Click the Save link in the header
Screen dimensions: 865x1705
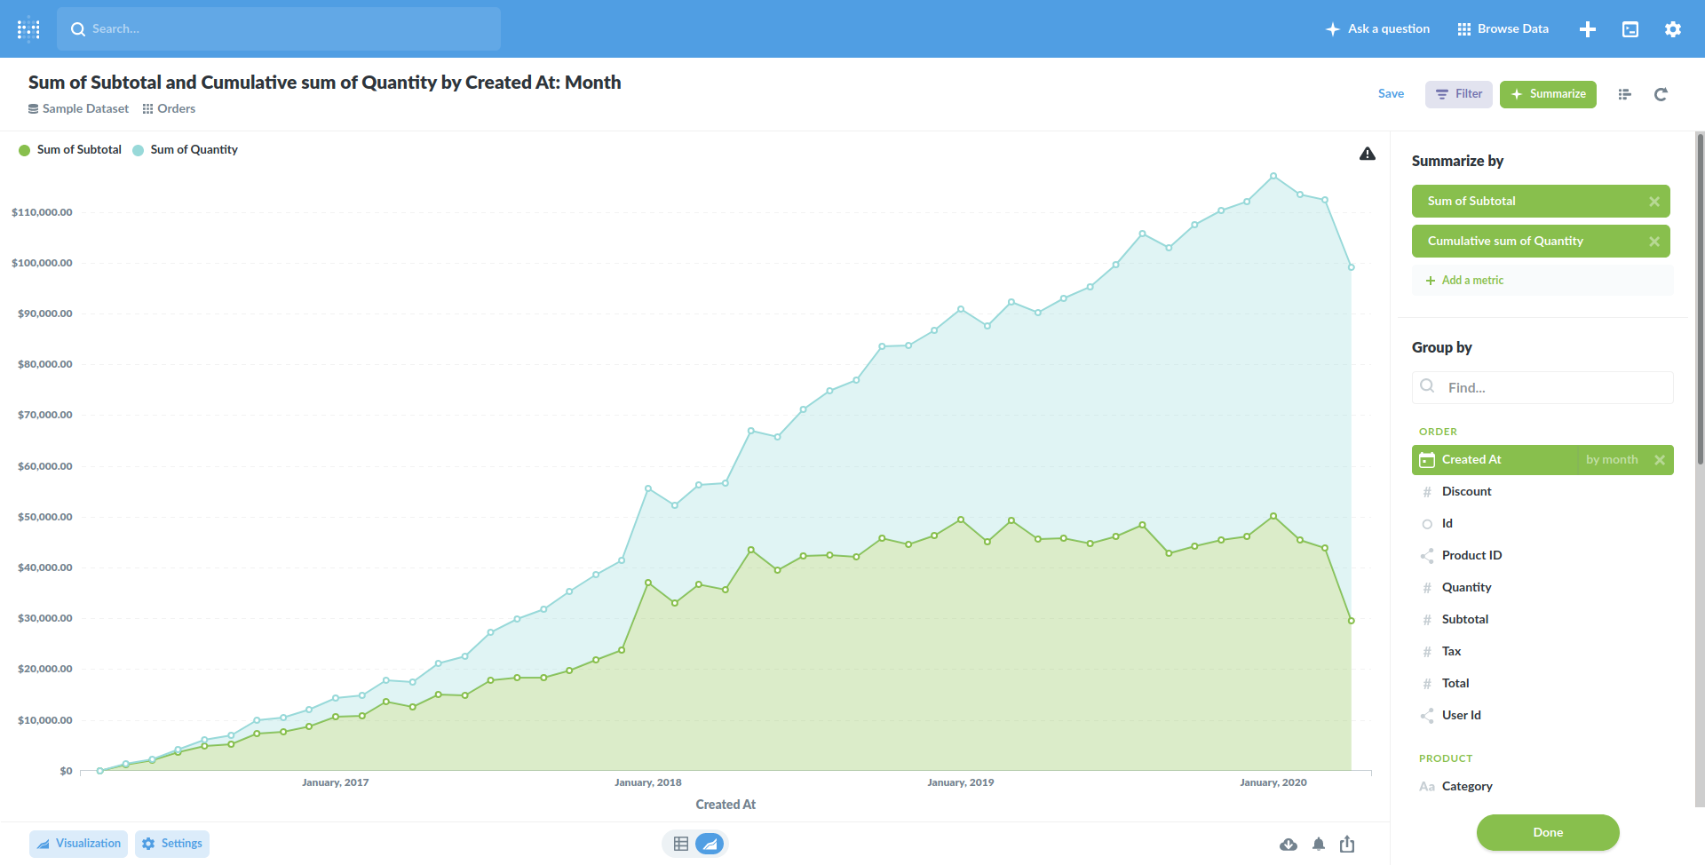coord(1391,94)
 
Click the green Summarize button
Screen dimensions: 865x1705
coord(1548,94)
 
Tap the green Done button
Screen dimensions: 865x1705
coord(1547,832)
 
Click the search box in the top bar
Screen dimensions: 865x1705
coord(279,29)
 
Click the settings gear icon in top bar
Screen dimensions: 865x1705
coord(1672,29)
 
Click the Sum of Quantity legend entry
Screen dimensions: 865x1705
coord(194,150)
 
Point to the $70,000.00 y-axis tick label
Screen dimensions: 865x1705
coord(45,415)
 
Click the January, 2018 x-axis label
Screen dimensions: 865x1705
coord(647,782)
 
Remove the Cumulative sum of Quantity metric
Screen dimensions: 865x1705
coord(1653,242)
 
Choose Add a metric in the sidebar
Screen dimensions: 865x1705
coord(1471,281)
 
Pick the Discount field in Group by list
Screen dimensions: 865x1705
coord(1466,492)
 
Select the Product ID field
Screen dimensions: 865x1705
coord(1471,556)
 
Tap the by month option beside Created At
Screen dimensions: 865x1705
coord(1611,460)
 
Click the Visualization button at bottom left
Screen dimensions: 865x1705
coord(79,844)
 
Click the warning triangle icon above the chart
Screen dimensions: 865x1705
coord(1367,155)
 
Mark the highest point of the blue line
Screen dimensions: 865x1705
coord(1273,176)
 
